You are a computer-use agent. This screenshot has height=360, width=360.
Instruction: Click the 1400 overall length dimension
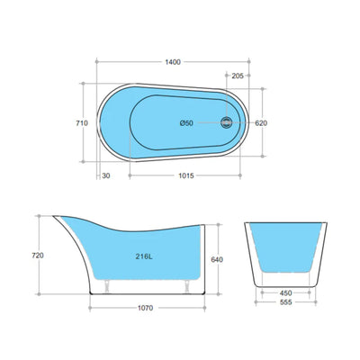[174, 62]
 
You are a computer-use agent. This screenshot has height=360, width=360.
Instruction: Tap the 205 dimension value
[236, 76]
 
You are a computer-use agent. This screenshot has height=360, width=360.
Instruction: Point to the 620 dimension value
[261, 122]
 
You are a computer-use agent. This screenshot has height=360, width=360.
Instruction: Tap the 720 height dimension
[38, 256]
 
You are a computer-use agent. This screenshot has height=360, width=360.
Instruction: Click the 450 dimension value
[284, 292]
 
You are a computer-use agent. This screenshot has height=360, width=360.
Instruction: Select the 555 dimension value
[284, 303]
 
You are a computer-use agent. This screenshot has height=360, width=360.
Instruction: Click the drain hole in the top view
[227, 122]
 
